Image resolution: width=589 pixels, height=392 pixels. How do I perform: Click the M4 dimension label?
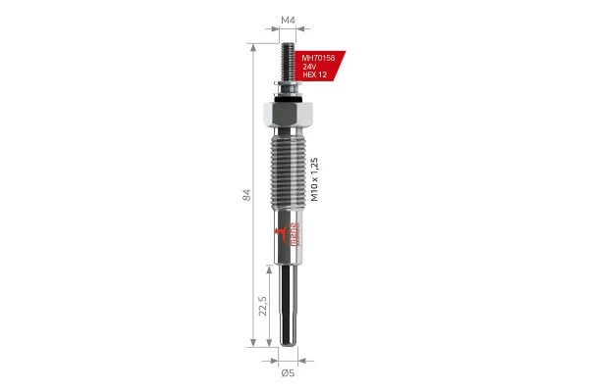289,19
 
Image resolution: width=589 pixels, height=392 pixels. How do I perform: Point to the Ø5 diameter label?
288,372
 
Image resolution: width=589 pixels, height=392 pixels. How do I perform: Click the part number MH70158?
318,57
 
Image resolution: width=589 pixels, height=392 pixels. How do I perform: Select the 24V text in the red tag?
310,66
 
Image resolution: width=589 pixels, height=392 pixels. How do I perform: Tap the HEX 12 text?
315,74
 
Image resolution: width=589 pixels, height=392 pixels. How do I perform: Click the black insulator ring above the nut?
289,94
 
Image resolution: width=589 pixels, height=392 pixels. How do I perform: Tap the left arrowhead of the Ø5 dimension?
278,358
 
